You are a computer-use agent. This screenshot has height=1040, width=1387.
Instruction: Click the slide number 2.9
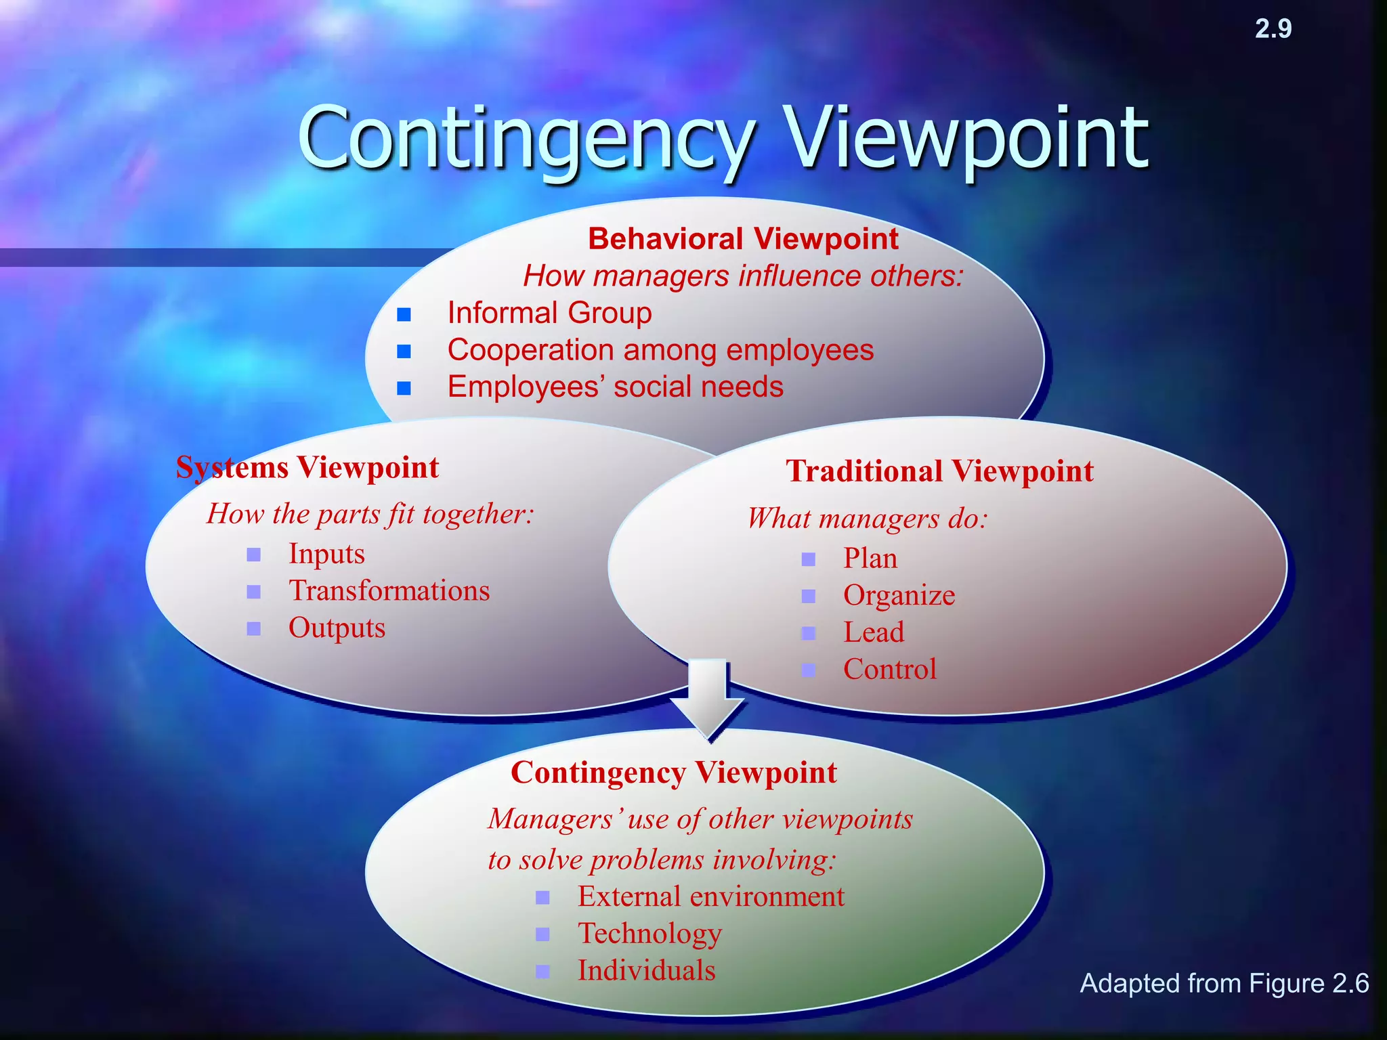point(1273,29)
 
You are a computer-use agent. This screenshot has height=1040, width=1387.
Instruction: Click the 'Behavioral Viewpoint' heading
point(743,239)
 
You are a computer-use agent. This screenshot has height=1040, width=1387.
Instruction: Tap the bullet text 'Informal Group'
point(549,313)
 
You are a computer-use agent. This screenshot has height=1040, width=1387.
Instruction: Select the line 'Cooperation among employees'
point(660,351)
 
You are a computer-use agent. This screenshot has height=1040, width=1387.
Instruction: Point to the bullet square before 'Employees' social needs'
point(404,388)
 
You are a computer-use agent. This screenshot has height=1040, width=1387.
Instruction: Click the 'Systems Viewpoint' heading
point(307,468)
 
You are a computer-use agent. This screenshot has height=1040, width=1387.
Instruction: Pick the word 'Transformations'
point(389,591)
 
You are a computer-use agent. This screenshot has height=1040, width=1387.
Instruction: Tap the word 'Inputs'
point(326,554)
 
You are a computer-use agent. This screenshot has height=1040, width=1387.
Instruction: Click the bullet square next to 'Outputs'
point(254,628)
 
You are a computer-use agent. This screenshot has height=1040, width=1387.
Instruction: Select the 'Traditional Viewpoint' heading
point(939,471)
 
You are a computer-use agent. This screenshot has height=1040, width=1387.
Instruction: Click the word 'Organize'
point(899,596)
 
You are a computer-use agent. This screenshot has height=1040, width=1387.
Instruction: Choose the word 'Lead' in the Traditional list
point(874,632)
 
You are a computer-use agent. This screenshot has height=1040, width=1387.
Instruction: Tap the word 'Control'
point(889,670)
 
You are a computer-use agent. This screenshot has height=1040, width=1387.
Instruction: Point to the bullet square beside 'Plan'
point(809,559)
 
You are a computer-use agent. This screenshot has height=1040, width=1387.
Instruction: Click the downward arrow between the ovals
point(708,701)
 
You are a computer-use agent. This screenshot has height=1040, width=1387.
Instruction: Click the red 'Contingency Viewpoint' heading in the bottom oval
point(674,773)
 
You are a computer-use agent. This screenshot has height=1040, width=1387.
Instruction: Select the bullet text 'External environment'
point(710,897)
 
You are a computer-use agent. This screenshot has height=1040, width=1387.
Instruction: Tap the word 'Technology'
point(649,934)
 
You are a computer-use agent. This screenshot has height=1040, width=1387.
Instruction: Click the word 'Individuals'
point(646,971)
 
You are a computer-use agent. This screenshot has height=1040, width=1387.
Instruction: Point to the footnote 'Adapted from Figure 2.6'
point(1224,983)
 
